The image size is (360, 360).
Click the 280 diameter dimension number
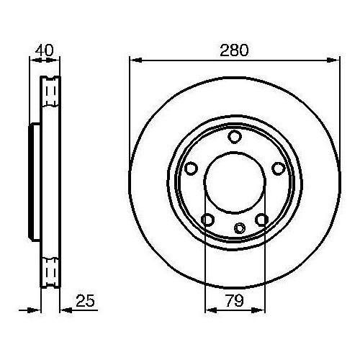235,50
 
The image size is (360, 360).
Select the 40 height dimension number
45,50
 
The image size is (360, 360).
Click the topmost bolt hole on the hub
234,137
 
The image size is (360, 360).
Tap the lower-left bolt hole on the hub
207,219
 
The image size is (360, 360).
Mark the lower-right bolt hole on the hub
261,219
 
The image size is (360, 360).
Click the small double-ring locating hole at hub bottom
240,228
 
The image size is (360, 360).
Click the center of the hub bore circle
234,183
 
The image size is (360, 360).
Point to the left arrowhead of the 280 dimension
133,60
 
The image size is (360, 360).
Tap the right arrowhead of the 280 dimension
336,60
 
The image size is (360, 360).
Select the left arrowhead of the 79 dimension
210,311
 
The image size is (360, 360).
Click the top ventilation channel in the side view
50,91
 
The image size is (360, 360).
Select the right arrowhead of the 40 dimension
57,60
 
